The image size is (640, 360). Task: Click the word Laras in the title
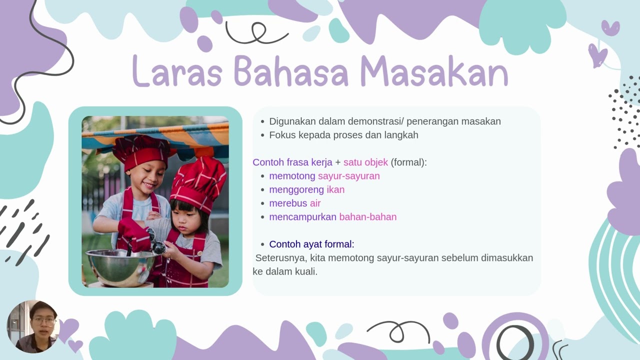click(x=177, y=71)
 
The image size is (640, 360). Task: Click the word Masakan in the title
click(x=433, y=71)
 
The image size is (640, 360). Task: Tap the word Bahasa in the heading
click(x=291, y=71)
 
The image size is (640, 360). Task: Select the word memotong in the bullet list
click(x=292, y=176)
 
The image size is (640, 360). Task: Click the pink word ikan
click(x=335, y=190)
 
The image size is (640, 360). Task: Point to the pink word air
click(x=315, y=203)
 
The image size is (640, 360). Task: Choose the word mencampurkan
click(x=302, y=217)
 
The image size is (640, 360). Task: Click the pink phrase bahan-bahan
click(x=367, y=217)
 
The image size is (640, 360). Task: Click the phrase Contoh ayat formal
click(x=311, y=244)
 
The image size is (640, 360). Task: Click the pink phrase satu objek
click(x=365, y=162)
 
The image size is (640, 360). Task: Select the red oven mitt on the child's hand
click(x=133, y=233)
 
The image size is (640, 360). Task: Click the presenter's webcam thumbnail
click(x=33, y=326)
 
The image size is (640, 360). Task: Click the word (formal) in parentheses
click(x=408, y=162)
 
